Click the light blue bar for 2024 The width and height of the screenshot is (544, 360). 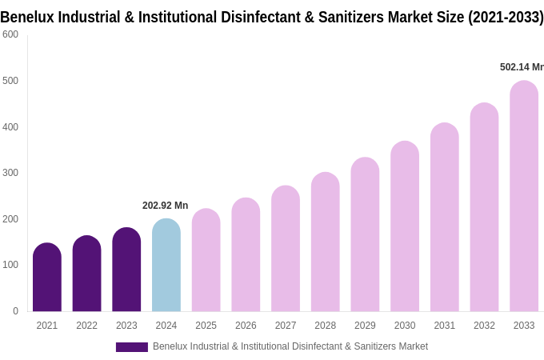[x=166, y=266]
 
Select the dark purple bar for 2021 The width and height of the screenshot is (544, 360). [x=47, y=278]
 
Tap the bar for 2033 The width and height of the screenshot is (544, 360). [x=524, y=196]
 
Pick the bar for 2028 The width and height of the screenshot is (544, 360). [x=326, y=242]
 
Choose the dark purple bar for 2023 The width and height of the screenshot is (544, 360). [x=126, y=270]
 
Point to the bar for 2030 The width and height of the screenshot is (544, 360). [x=405, y=226]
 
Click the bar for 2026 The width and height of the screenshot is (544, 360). [x=246, y=255]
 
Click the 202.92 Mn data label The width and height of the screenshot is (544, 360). [x=165, y=206]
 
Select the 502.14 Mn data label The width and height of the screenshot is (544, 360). [x=522, y=67]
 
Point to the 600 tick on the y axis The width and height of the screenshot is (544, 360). [x=10, y=34]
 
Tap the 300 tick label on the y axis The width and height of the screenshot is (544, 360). [x=10, y=173]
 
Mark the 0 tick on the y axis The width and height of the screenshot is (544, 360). [x=15, y=311]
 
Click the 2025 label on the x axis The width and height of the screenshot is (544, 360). [x=206, y=326]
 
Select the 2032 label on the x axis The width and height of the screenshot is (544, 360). [x=484, y=326]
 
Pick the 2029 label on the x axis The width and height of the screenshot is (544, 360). [x=365, y=326]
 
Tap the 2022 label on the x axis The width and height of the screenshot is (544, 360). [x=86, y=326]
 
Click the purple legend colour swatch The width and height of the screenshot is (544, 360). [x=132, y=347]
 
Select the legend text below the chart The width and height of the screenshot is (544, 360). [x=290, y=346]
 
